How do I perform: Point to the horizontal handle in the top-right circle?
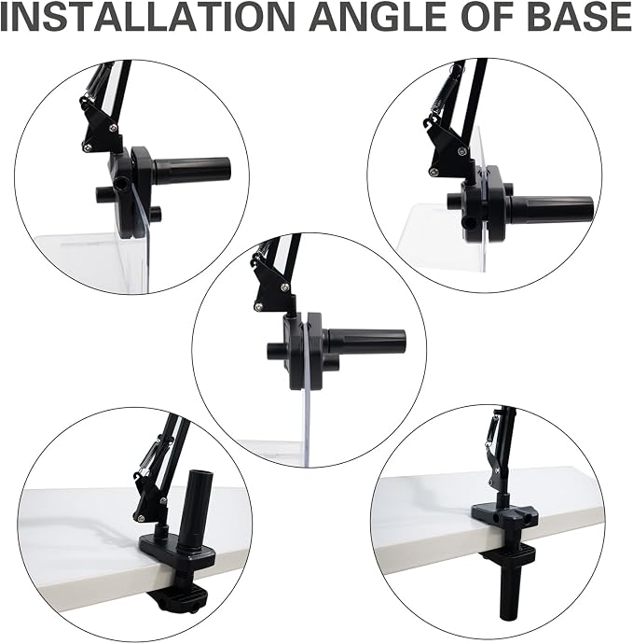(551, 208)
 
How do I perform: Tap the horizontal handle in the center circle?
(366, 343)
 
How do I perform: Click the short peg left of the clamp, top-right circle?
(455, 200)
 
